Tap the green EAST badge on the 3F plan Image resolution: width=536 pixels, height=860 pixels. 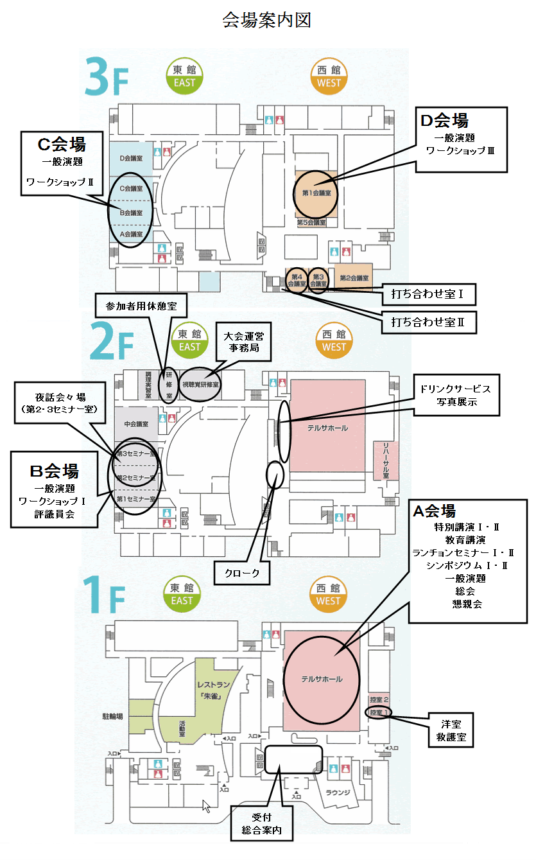click(x=185, y=76)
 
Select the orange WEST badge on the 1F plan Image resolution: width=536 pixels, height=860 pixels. click(x=328, y=594)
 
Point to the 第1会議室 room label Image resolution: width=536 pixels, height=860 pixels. click(x=316, y=193)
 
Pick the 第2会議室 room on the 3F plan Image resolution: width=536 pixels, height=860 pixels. click(x=354, y=278)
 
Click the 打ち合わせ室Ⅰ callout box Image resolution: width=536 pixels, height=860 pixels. click(x=428, y=295)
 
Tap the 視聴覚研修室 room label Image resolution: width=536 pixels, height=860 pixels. click(x=201, y=385)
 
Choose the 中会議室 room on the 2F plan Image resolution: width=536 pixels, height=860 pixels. click(x=136, y=424)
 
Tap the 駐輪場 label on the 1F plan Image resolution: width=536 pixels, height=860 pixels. click(x=113, y=714)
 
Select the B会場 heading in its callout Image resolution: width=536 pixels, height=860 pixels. click(x=55, y=471)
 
